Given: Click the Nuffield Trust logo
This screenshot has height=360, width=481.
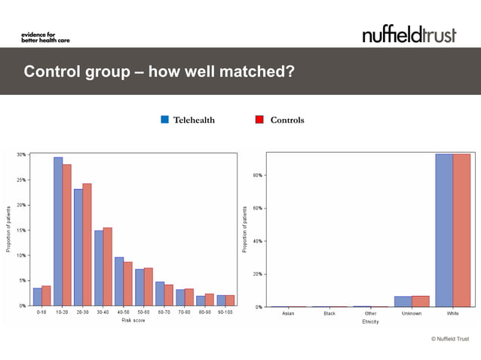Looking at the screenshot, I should click(x=409, y=34).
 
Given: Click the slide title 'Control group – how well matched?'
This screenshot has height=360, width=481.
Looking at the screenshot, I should click(x=158, y=72).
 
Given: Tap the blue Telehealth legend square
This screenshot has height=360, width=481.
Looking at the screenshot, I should click(x=164, y=120).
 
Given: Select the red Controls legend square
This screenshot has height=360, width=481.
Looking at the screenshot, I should click(x=259, y=120).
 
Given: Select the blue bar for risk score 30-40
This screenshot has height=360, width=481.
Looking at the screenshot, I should click(x=99, y=267).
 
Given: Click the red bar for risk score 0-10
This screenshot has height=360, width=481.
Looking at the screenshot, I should click(x=47, y=295).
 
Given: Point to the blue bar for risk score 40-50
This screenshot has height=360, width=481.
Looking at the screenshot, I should click(x=119, y=281).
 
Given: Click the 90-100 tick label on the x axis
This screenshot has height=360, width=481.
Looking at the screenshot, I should click(x=225, y=313).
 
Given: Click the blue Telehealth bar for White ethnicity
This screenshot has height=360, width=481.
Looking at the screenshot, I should click(x=444, y=230).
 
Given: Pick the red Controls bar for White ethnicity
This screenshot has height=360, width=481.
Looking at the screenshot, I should click(x=461, y=230).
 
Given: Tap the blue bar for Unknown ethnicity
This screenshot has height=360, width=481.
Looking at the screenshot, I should click(x=403, y=301).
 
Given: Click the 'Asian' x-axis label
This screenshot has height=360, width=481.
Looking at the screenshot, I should click(x=288, y=313).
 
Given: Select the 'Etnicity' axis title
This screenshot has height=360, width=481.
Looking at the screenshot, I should click(x=369, y=322).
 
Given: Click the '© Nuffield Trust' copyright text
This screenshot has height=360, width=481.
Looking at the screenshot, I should click(x=449, y=339).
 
